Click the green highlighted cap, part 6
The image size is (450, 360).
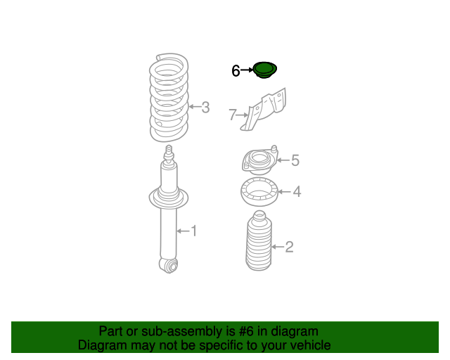[264, 70]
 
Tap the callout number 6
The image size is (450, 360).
[236, 70]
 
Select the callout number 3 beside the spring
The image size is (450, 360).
[205, 108]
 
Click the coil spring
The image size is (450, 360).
[169, 98]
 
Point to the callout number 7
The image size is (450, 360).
[233, 115]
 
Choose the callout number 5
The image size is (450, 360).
[295, 160]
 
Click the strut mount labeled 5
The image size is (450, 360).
[259, 160]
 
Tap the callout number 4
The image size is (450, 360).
[297, 192]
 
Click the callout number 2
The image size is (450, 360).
[289, 247]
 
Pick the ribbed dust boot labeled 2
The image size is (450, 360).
[259, 240]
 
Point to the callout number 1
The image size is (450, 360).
[194, 231]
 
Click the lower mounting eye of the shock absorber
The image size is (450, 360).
[169, 266]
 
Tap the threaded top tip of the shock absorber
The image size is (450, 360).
[169, 150]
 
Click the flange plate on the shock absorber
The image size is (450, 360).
[169, 198]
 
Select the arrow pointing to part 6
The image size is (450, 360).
[247, 70]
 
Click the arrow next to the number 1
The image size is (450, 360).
[183, 231]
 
